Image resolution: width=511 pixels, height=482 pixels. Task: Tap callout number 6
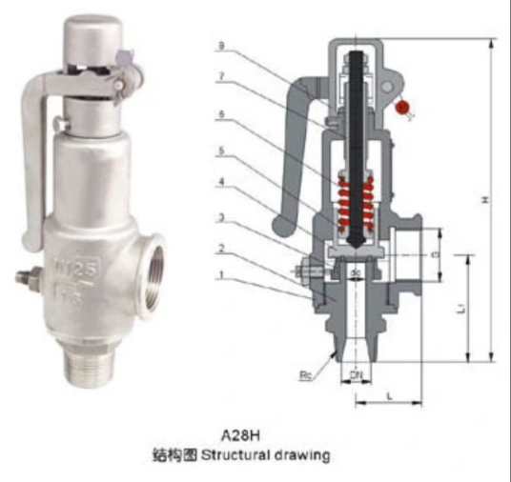click(222, 113)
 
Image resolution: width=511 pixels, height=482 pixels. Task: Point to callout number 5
click(222, 150)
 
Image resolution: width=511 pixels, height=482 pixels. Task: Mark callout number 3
click(222, 218)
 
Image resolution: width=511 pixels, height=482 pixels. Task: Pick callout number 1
click(222, 277)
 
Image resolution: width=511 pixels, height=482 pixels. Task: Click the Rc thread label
click(307, 375)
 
